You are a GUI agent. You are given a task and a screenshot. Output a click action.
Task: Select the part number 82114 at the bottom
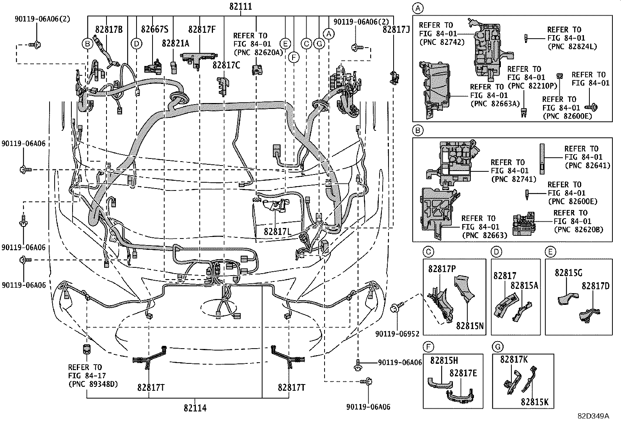(195, 408)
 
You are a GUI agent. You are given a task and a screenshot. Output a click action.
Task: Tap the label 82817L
(277, 231)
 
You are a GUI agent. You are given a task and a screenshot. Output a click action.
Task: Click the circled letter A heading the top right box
(417, 8)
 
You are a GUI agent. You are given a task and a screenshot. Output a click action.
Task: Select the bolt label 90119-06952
(397, 334)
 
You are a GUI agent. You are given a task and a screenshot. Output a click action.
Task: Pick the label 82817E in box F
(463, 373)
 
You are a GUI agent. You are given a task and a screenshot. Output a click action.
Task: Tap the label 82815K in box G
(534, 402)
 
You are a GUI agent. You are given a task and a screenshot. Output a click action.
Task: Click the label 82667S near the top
(154, 29)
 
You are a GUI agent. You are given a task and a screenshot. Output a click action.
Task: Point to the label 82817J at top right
(396, 29)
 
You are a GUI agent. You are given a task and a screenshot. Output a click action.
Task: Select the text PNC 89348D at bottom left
(93, 384)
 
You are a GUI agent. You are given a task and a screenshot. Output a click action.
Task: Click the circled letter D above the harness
(136, 43)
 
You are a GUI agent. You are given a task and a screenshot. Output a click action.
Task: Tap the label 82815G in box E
(568, 273)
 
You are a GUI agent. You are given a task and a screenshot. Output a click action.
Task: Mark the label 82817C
(226, 65)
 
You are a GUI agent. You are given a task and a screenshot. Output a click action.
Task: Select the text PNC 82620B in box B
(580, 230)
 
